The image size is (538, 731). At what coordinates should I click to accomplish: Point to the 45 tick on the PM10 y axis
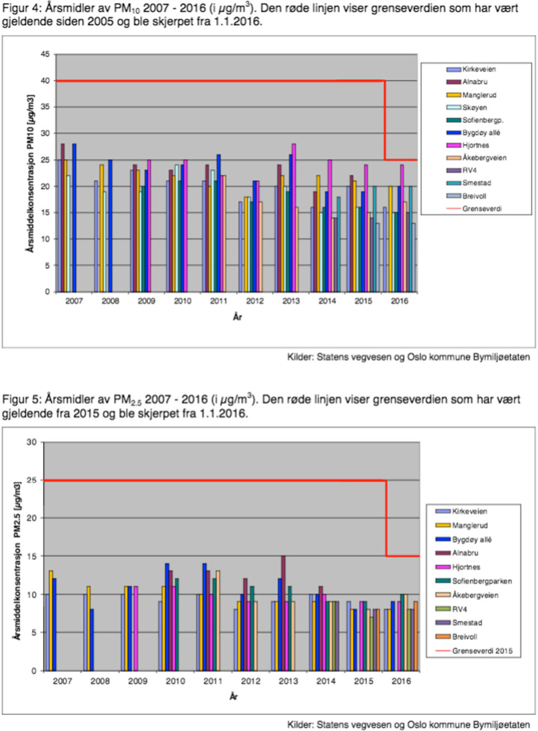45,54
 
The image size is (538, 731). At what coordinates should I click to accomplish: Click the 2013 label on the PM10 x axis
291,301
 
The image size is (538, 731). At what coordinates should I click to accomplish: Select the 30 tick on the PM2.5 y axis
32,442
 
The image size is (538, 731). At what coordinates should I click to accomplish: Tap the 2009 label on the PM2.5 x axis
137,681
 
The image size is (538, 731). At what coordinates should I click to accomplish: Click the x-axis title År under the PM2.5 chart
234,696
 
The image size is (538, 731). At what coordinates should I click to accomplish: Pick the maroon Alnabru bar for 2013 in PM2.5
284,613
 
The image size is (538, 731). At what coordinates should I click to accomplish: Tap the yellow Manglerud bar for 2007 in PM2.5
51,621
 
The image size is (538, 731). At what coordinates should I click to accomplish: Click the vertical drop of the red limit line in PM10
385,121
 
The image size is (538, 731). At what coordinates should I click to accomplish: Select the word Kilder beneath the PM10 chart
300,357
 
